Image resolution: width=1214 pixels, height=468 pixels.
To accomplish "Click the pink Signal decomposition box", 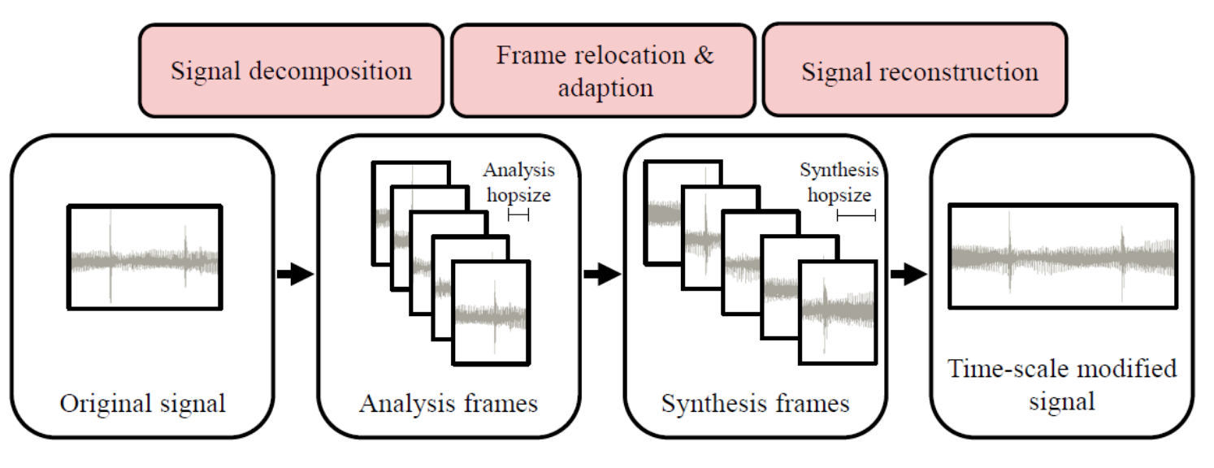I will tap(291, 70).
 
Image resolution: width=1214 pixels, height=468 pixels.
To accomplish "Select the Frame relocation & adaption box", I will tap(605, 70).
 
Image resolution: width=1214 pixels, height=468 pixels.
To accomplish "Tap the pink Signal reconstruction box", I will tap(915, 70).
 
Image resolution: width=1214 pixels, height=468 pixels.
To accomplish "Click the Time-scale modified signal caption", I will tap(1062, 384).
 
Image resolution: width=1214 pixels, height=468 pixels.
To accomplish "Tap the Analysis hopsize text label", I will tap(518, 183).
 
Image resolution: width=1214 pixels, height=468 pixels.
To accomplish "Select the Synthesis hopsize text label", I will tap(839, 183).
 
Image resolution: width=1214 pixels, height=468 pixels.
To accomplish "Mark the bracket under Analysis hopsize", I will tap(518, 214).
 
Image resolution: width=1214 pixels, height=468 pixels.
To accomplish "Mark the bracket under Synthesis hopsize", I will tap(856, 215).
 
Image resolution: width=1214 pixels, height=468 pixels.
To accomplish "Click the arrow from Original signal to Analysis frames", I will tap(295, 275).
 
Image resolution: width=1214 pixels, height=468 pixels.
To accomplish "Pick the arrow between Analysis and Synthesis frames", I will tap(602, 275).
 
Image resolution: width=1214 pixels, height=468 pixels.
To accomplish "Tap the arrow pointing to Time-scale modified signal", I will tap(908, 275).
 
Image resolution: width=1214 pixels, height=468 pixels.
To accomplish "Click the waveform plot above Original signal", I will tap(145, 257).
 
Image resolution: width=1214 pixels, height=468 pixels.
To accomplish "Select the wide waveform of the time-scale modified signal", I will tap(1062, 257).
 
